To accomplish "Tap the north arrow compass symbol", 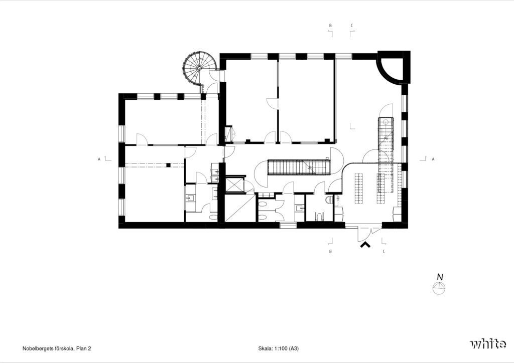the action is (x=440, y=288).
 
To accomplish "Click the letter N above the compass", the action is (x=440, y=277).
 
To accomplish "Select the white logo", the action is (x=488, y=344).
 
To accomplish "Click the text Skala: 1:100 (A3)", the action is (x=278, y=348).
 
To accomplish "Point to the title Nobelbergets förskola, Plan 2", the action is (x=57, y=348).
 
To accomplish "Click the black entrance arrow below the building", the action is (x=365, y=245).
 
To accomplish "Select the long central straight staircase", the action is (x=299, y=167).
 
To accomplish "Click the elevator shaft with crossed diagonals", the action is (x=235, y=185).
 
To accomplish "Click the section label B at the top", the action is (x=330, y=26).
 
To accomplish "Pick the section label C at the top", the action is (x=352, y=26).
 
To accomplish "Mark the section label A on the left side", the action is (x=99, y=159).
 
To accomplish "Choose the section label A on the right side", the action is (x=433, y=159).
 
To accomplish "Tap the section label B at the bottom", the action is (x=330, y=252).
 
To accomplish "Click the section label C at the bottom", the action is (x=384, y=252).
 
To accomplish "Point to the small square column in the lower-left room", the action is (x=168, y=165).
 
